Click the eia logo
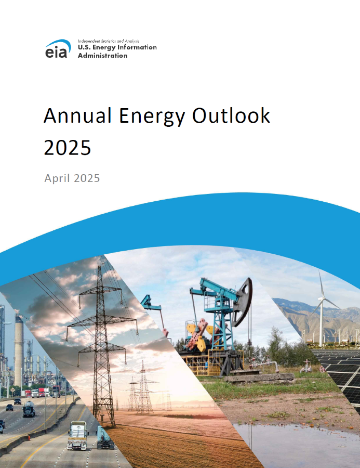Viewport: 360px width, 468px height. [x=58, y=48]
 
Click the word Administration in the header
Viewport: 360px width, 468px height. [x=103, y=56]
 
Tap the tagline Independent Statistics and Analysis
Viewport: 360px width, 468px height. [x=109, y=41]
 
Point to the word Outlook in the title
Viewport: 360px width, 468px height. [x=231, y=115]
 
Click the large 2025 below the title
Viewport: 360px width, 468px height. [x=68, y=148]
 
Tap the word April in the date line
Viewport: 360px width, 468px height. [x=57, y=178]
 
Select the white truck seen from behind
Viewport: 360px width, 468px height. [x=77, y=435]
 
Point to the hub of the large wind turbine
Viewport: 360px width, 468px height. [x=321, y=298]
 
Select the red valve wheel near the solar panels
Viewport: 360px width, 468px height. [x=322, y=369]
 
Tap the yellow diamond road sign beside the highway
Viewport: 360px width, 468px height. [x=12, y=390]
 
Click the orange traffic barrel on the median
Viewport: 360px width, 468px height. [x=29, y=438]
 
